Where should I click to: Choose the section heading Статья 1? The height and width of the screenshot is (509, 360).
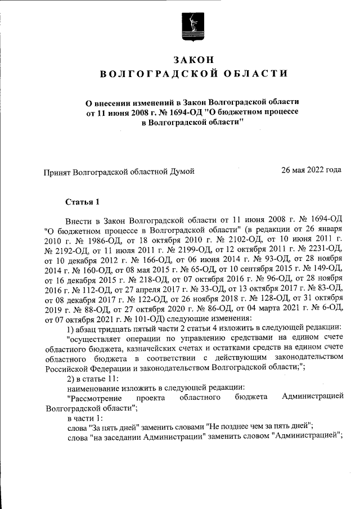coord(82,201)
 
